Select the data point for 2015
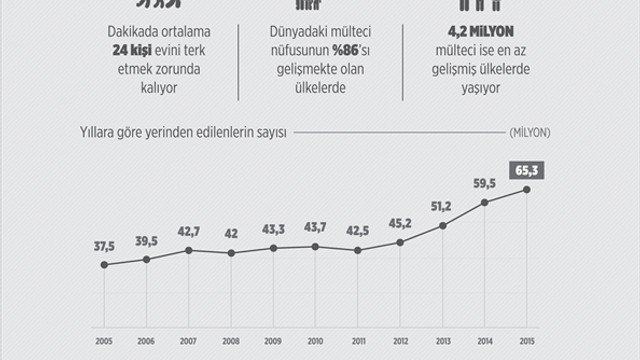tap(526, 190)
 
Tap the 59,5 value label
tap(484, 183)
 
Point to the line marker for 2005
tap(105, 264)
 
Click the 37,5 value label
tap(105, 246)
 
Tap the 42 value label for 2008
tap(231, 235)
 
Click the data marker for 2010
tap(315, 246)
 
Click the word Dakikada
tap(97, 31)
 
